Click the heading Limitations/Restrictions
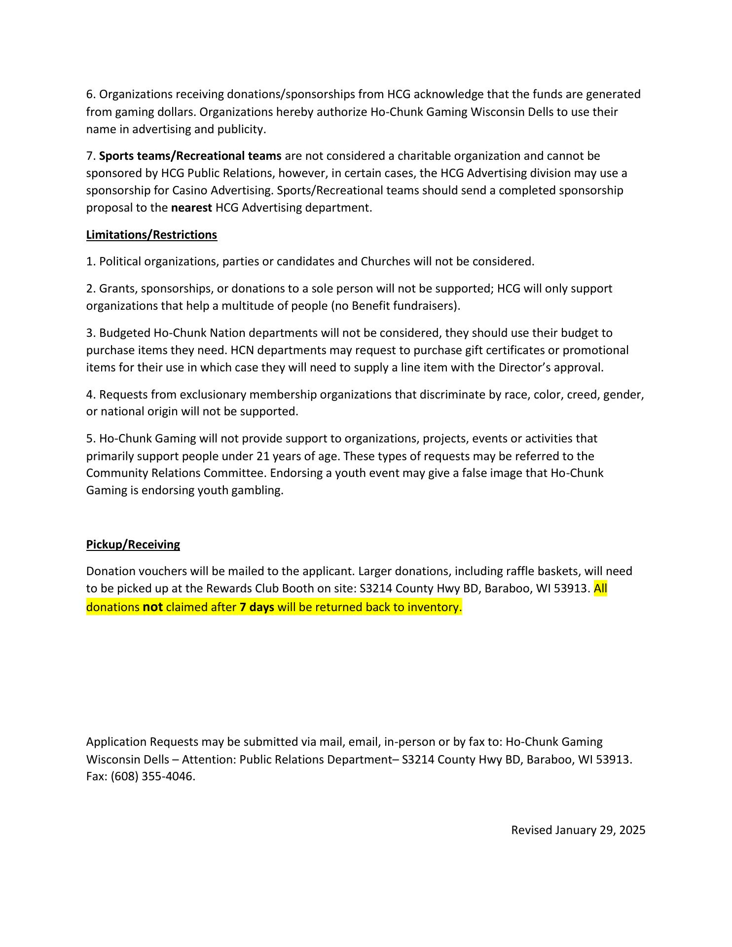151,235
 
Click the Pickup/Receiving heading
133,545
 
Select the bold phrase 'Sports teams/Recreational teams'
190,156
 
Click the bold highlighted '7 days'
256,607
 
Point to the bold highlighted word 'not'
152,607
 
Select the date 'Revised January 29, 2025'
578,830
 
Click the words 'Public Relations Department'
315,759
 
